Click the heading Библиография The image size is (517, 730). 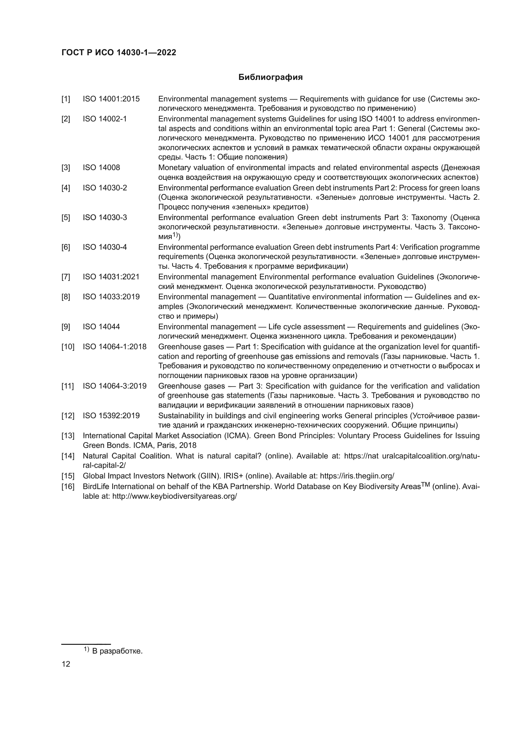click(270, 77)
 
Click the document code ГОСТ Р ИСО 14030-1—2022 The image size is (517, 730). click(119, 53)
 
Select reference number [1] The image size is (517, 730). click(66, 99)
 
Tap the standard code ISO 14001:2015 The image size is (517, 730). click(111, 99)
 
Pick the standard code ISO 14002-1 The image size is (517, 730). click(105, 119)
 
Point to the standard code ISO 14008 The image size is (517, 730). click(101, 168)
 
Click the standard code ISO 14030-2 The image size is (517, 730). click(105, 188)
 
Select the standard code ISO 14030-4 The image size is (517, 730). click(105, 247)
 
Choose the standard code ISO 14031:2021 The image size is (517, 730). click(111, 277)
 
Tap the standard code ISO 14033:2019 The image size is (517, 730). click(111, 297)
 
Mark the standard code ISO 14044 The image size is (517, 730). click(101, 327)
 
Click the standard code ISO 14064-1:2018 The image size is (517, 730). click(115, 346)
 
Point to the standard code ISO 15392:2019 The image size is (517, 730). click(111, 416)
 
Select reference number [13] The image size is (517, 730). click(68, 436)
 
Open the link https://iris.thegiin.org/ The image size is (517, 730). click(357, 476)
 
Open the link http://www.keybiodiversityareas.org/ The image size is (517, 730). click(174, 496)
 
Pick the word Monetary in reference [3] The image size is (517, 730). click(173, 168)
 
